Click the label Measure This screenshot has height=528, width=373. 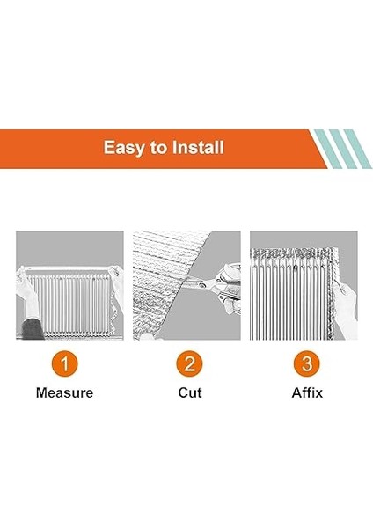pos(64,392)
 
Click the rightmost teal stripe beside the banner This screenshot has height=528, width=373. pos(354,148)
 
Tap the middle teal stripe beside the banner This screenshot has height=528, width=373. pos(338,148)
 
